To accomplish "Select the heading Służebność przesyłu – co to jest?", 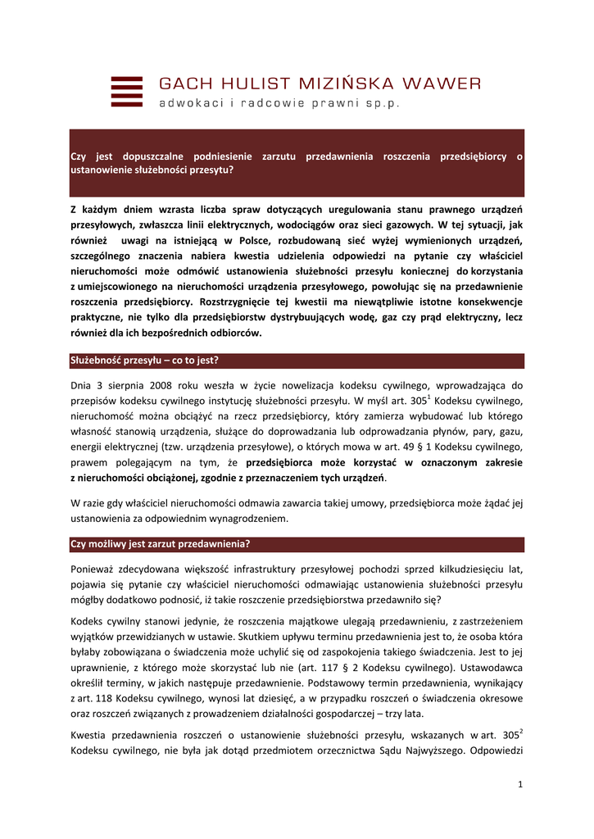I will pyautogui.click(x=144, y=361).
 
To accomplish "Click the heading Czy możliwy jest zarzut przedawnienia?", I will pyautogui.click(x=161, y=543).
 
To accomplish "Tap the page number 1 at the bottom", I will pyautogui.click(x=520, y=786).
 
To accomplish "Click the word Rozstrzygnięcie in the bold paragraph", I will pyautogui.click(x=226, y=302).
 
